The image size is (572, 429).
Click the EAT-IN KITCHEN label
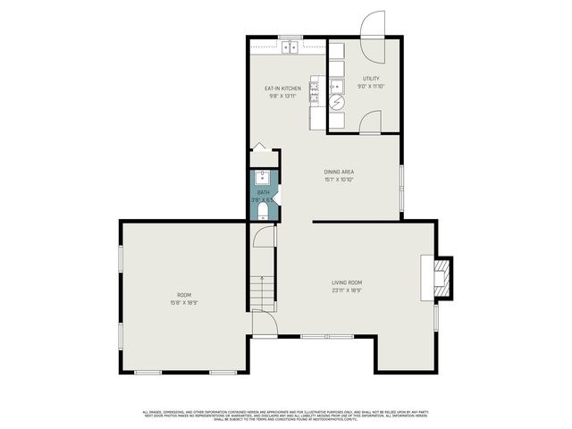(x=282, y=88)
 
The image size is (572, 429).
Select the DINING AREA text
(x=340, y=172)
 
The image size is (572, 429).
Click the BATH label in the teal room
(x=263, y=192)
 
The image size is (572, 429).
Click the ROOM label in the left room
(x=183, y=295)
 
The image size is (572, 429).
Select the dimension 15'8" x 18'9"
(x=183, y=303)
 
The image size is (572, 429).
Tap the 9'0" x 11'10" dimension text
(x=371, y=87)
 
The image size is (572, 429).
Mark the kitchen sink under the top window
(x=290, y=46)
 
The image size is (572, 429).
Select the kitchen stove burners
(x=315, y=87)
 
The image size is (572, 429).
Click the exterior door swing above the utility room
(x=373, y=25)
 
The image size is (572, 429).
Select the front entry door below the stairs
(x=263, y=324)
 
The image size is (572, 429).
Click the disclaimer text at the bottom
(x=286, y=415)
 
